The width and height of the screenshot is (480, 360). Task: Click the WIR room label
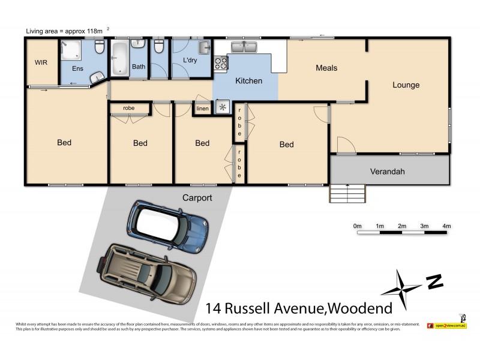[x=41, y=62]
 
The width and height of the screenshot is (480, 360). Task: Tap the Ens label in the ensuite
[x=77, y=68]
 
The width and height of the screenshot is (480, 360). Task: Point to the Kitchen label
[x=248, y=80]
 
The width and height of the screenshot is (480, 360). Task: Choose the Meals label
[x=326, y=68]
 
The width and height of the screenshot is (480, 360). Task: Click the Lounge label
[x=406, y=85]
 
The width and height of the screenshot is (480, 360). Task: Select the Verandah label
[x=387, y=172]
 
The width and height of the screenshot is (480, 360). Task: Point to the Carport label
[x=197, y=197]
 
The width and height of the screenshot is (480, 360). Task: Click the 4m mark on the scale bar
[x=446, y=226]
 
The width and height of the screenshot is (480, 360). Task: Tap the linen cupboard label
[x=202, y=109]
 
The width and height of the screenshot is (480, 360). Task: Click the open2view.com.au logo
[x=446, y=325]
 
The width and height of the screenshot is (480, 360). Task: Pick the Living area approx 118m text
[x=66, y=31]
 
